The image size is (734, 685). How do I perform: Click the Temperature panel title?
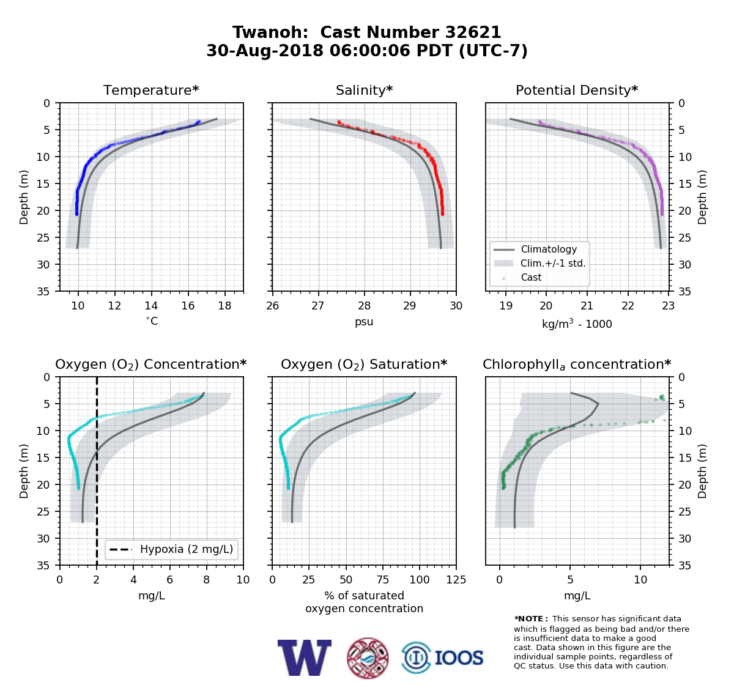(x=151, y=90)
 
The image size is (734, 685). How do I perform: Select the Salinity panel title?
(x=364, y=90)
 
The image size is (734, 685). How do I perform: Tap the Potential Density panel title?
(x=577, y=90)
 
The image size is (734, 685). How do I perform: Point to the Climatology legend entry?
(x=549, y=249)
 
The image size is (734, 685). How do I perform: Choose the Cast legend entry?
(x=531, y=277)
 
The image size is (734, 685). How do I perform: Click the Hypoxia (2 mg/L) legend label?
(x=187, y=549)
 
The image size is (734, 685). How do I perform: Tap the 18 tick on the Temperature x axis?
(x=224, y=306)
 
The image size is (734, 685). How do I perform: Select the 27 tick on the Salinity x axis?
(x=318, y=306)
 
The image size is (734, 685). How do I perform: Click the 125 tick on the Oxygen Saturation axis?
(x=456, y=580)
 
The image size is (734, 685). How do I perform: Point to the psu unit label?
(x=364, y=322)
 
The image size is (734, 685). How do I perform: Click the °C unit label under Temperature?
(x=152, y=321)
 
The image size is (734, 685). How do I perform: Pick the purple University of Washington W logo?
(x=304, y=657)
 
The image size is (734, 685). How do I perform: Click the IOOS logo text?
(x=459, y=657)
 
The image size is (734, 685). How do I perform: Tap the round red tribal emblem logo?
(x=368, y=658)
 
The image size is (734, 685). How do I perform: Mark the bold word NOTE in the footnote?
(x=530, y=619)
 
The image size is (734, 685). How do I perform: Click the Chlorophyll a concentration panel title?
(x=577, y=365)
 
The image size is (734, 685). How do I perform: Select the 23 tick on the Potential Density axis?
(x=668, y=306)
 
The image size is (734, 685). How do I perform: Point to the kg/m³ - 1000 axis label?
(x=577, y=324)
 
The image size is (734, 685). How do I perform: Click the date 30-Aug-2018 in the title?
(x=265, y=51)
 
